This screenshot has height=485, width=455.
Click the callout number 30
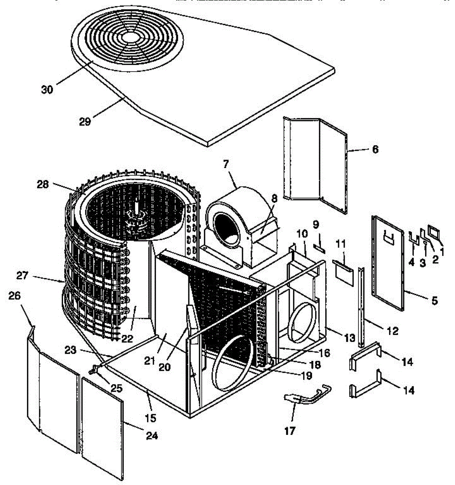[x=47, y=90]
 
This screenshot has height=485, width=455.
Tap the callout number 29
[x=85, y=121]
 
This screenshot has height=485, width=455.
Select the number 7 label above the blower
[x=225, y=164]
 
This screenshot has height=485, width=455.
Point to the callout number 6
[x=375, y=150]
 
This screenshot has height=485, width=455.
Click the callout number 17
[x=290, y=431]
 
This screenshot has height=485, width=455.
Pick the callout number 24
[x=152, y=435]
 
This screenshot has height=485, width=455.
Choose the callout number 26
[x=15, y=296]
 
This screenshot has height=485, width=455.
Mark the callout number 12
[x=392, y=331]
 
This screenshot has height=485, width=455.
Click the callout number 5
[x=434, y=301]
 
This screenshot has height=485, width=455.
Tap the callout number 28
[x=42, y=185]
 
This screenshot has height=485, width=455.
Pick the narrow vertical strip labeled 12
[x=361, y=307]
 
